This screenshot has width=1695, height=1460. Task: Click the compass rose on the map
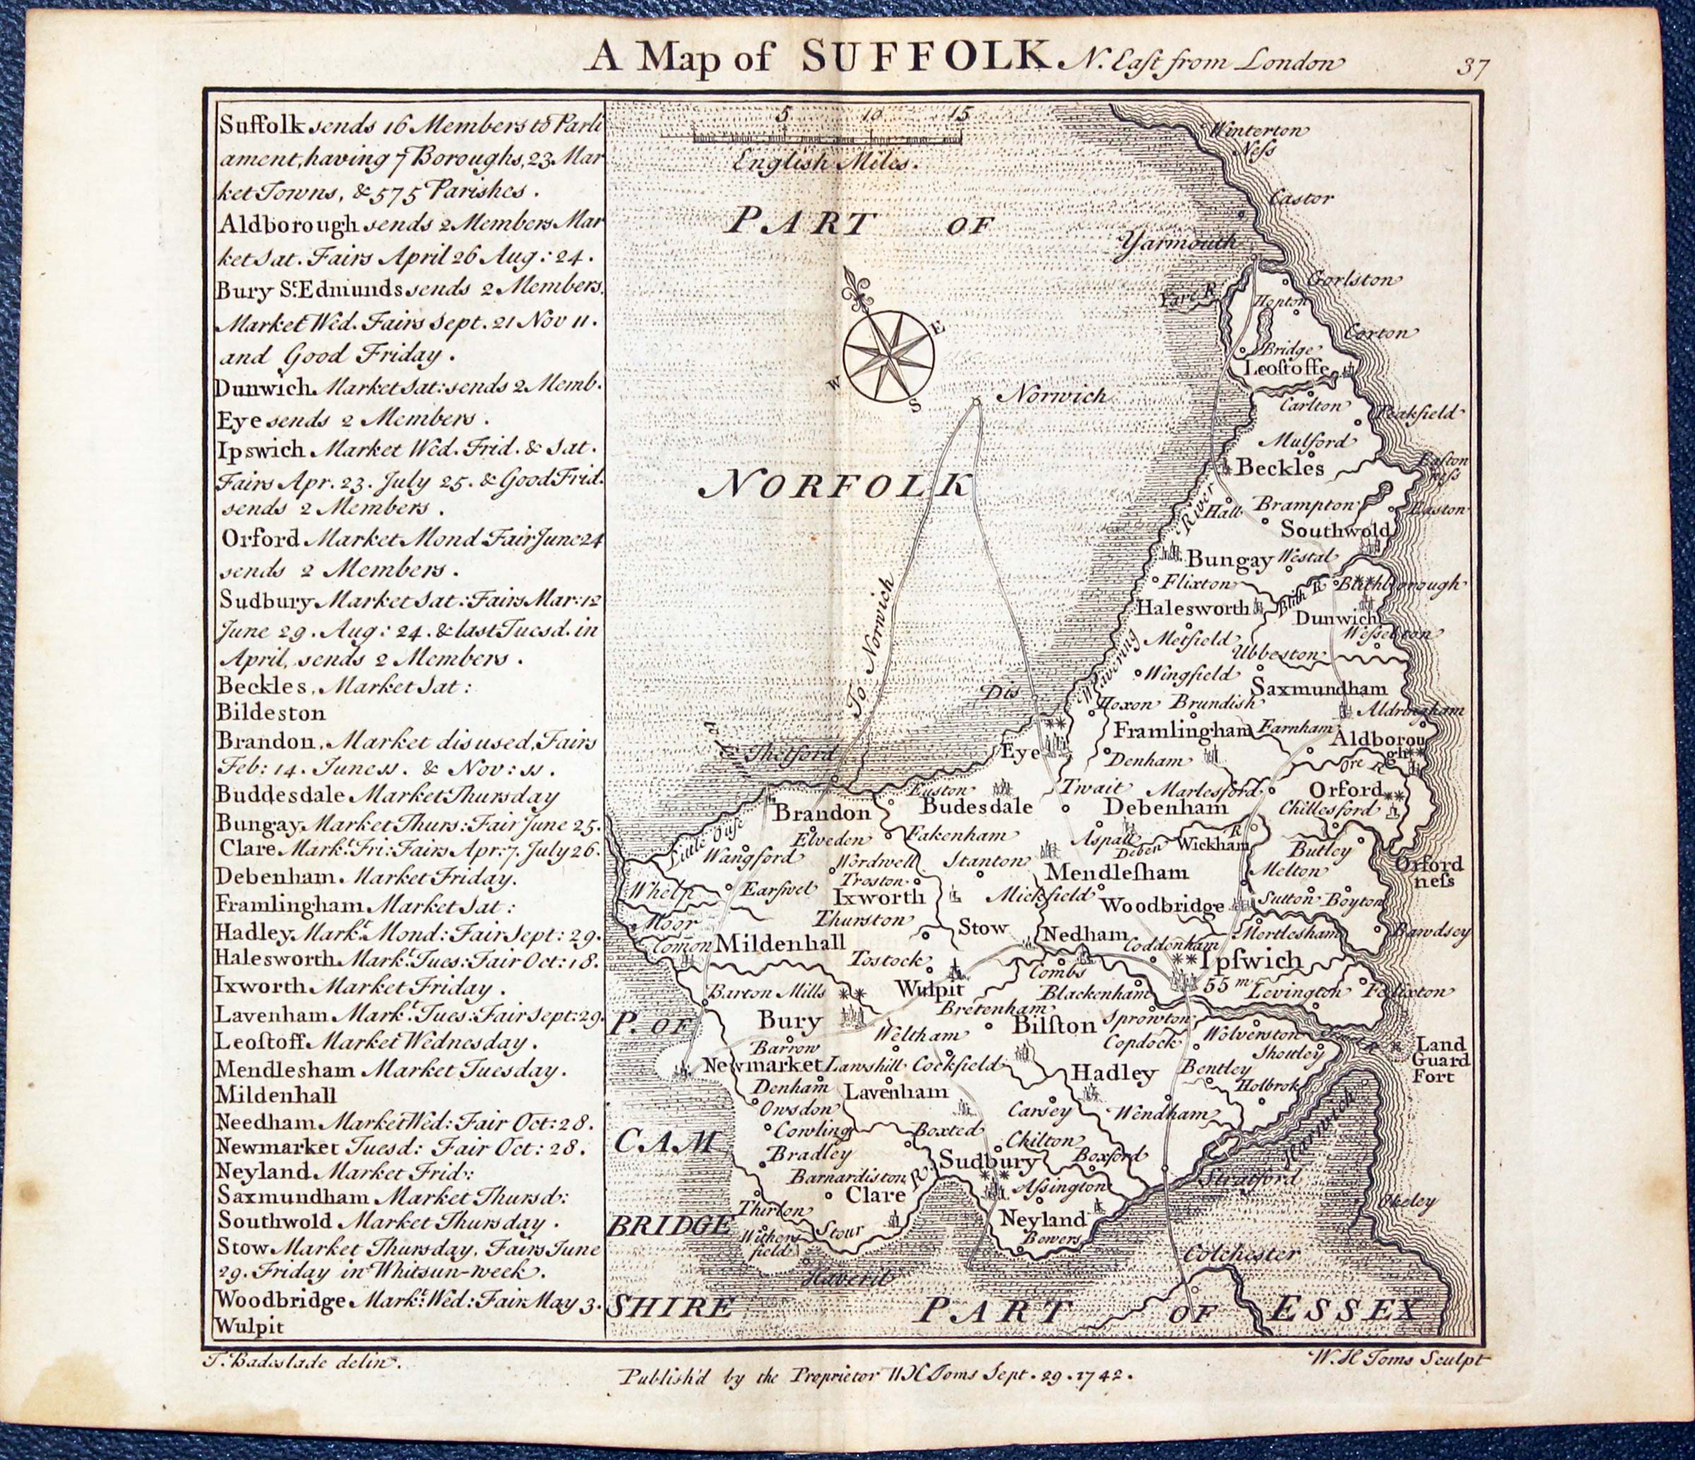pos(887,356)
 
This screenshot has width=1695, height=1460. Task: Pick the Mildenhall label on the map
pos(780,943)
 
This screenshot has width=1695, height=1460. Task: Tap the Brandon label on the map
pos(822,813)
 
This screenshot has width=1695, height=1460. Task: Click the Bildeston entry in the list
pos(270,712)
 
